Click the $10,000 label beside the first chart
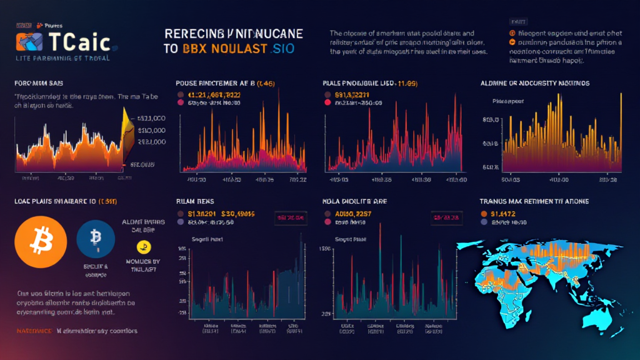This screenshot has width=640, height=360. click(x=151, y=130)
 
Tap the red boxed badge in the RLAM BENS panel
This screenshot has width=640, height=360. click(x=289, y=217)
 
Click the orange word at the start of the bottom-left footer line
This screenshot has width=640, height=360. click(x=32, y=331)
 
